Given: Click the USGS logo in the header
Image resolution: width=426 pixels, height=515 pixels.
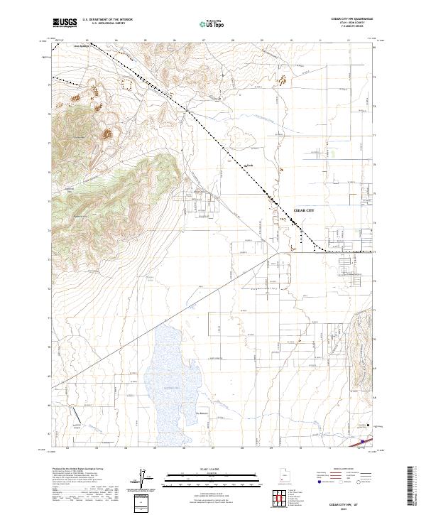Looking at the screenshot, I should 64,23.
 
